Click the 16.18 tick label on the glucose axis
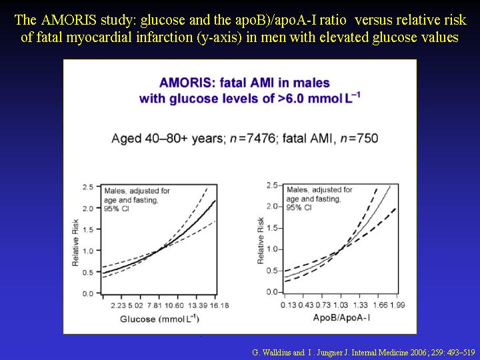point(219,305)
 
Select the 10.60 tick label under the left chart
point(174,305)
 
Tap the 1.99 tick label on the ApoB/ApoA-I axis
point(397,305)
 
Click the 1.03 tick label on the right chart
point(341,305)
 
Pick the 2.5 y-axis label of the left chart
point(88,187)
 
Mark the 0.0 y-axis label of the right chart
point(272,292)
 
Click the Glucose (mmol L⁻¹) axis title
point(159,319)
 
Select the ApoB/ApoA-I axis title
point(341,318)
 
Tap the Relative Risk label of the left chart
point(75,243)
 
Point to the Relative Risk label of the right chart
point(261,241)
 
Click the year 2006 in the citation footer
point(419,353)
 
